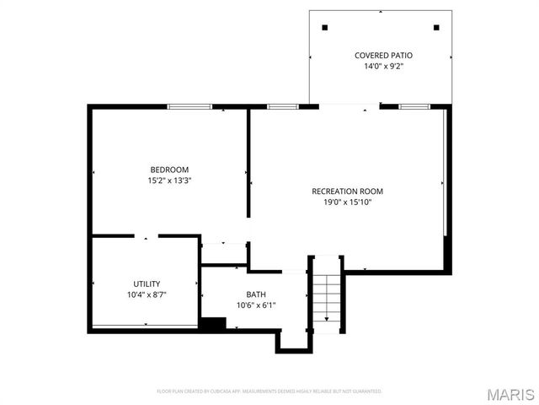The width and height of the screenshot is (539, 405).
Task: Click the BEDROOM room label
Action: (169, 169)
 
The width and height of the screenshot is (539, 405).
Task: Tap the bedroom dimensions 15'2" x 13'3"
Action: (169, 180)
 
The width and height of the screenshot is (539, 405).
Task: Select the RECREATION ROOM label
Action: (347, 191)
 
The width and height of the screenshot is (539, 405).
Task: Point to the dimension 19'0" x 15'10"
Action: (347, 202)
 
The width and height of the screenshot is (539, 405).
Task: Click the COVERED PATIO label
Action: (383, 55)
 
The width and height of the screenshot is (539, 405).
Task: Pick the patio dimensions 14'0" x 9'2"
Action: (383, 66)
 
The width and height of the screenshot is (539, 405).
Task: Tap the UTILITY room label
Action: (147, 283)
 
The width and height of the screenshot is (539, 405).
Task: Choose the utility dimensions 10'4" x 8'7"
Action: (147, 294)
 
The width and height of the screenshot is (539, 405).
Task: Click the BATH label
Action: (256, 294)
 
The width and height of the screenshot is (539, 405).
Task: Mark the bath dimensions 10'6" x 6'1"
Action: (256, 305)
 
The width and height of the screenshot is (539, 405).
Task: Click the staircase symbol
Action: (326, 295)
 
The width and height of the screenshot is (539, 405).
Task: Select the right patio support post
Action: (436, 27)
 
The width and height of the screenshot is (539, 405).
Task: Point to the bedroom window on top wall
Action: (189, 106)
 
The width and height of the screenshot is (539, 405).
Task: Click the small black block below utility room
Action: (212, 323)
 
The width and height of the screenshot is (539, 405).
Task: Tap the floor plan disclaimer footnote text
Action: (269, 391)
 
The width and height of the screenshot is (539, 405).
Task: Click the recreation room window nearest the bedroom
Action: (283, 106)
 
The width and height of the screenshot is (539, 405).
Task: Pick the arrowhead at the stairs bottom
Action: (327, 319)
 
